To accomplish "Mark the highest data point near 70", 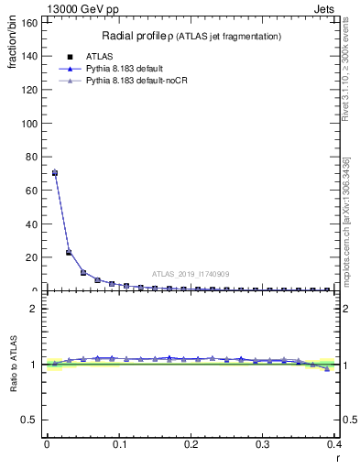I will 55,172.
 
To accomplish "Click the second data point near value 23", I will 69,252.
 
